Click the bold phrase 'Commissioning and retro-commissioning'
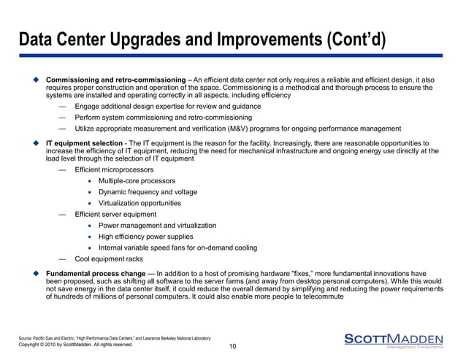(x=114, y=79)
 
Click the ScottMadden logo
(x=393, y=340)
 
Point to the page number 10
(x=232, y=346)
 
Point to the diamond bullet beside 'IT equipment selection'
(x=34, y=142)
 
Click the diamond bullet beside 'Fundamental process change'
(x=34, y=273)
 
